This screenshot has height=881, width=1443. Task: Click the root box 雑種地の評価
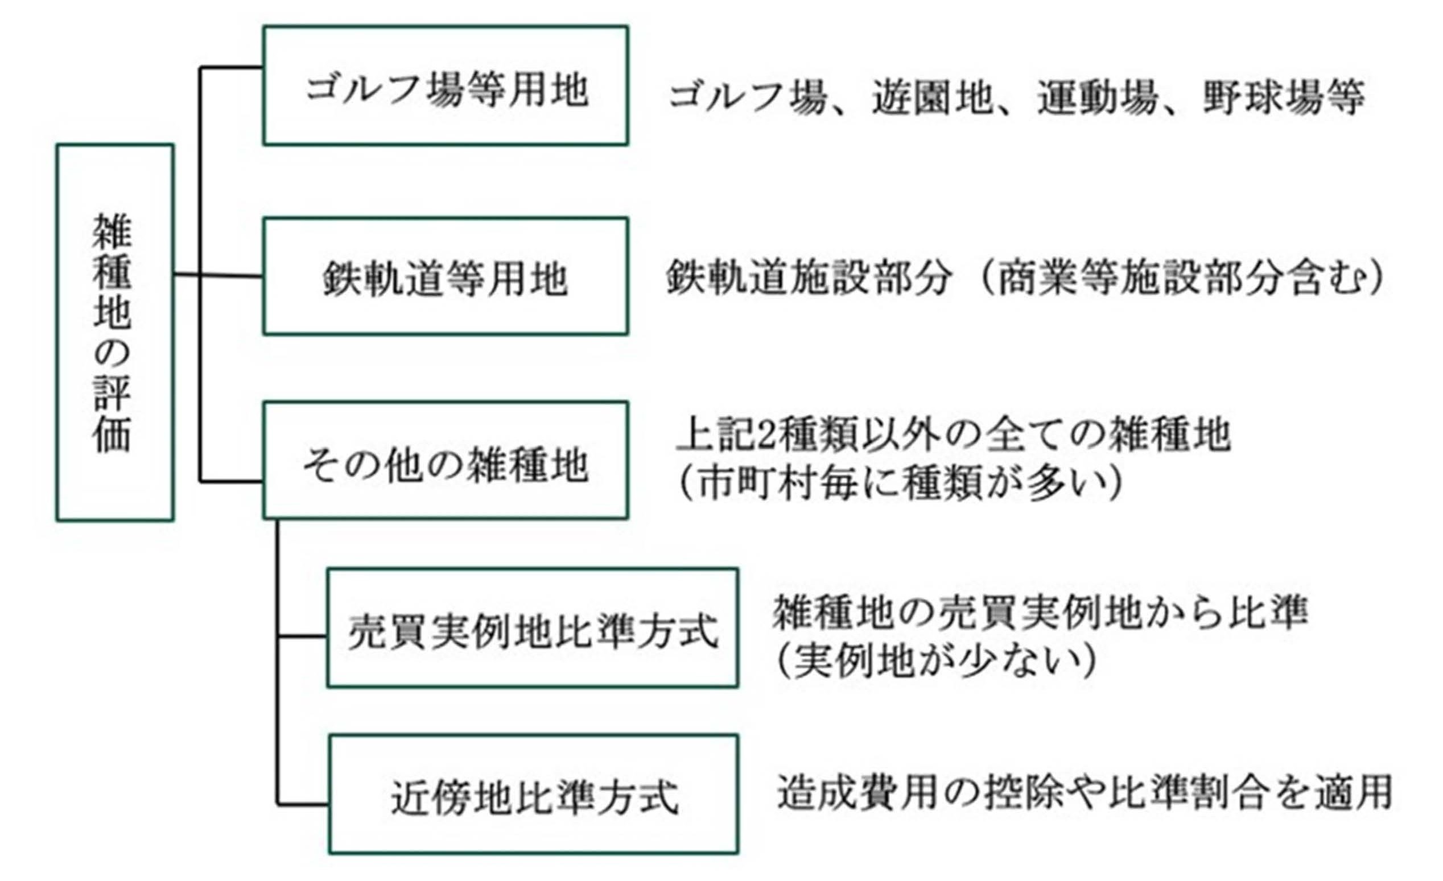pos(115,332)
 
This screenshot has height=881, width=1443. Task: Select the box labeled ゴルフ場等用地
pos(446,85)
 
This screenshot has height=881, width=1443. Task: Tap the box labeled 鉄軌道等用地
pos(446,276)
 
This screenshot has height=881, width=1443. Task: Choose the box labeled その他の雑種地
pos(446,461)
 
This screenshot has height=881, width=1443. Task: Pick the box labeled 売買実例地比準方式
pos(533,627)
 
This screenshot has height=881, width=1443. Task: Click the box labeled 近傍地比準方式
pos(534,795)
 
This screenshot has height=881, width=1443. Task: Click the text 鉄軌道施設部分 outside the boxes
pos(808,277)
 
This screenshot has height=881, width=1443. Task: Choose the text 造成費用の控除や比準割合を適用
pos(1084,792)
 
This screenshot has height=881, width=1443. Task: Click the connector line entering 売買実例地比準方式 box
pos(302,636)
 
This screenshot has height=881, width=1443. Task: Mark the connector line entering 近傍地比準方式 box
pos(302,804)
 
